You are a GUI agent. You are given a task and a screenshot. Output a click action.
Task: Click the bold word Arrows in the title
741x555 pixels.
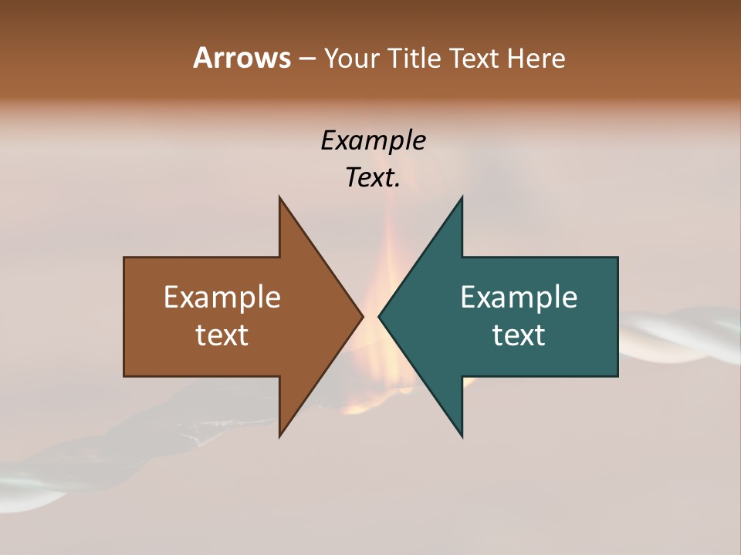(241, 58)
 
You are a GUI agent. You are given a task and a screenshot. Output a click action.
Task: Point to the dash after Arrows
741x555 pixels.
(306, 59)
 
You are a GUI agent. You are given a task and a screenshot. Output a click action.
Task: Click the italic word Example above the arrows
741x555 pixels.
(373, 141)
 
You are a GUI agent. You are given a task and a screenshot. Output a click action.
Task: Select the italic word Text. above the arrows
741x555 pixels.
(373, 178)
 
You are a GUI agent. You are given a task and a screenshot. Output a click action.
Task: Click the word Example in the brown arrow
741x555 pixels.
(222, 297)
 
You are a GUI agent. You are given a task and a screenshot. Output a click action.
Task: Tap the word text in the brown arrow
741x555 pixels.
(222, 335)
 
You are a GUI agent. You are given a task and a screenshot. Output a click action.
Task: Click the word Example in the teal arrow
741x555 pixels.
(519, 297)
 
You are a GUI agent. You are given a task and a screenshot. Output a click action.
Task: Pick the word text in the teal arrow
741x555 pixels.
(519, 335)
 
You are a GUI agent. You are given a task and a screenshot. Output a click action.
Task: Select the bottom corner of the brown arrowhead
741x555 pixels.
(280, 435)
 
